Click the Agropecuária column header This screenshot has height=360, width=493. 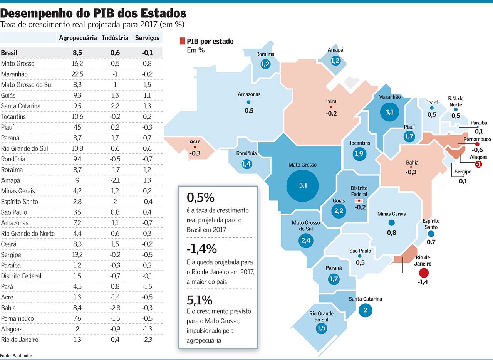pos(78,38)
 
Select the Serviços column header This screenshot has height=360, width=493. pos(147,38)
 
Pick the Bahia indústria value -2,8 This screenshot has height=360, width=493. pos(115,308)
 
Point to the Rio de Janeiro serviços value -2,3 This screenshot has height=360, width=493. pos(147,340)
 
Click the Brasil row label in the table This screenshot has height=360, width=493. pos(9,53)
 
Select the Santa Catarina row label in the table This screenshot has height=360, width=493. pos(21,106)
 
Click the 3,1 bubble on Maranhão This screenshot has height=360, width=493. pos(390,112)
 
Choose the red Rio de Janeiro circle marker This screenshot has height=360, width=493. pos(424,273)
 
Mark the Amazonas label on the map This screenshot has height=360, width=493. pos(249,94)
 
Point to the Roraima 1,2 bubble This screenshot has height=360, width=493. pos(265,64)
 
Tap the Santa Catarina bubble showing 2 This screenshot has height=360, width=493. pos(365,310)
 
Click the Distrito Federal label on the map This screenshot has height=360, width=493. pos(359,191)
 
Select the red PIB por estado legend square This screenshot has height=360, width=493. pos(182,41)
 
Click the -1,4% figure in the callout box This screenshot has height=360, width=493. pos(202,249)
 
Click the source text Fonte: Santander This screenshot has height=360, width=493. pos(16,355)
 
